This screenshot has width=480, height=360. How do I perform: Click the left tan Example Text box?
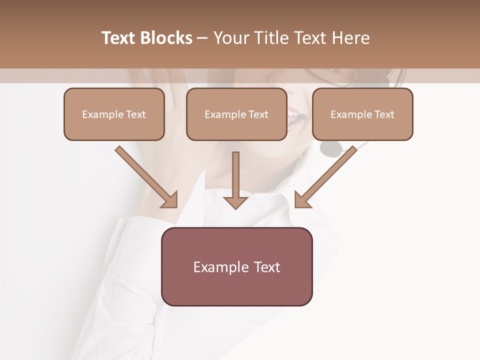(x=114, y=114)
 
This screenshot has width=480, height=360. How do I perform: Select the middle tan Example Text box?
(x=236, y=114)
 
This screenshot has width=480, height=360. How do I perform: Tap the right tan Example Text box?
(x=362, y=114)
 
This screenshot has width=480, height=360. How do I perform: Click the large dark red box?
(x=236, y=266)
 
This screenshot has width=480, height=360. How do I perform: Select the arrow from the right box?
(x=326, y=176)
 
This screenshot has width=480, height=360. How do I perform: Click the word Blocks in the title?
(x=167, y=38)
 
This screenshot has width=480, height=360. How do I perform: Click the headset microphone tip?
(x=331, y=147)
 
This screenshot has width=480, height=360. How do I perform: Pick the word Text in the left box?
(x=136, y=114)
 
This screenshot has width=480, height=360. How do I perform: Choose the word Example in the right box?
(x=349, y=114)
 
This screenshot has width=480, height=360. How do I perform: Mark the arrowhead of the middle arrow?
(x=235, y=202)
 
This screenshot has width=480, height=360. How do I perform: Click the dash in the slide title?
(x=202, y=38)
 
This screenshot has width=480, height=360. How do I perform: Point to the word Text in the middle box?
(x=258, y=114)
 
